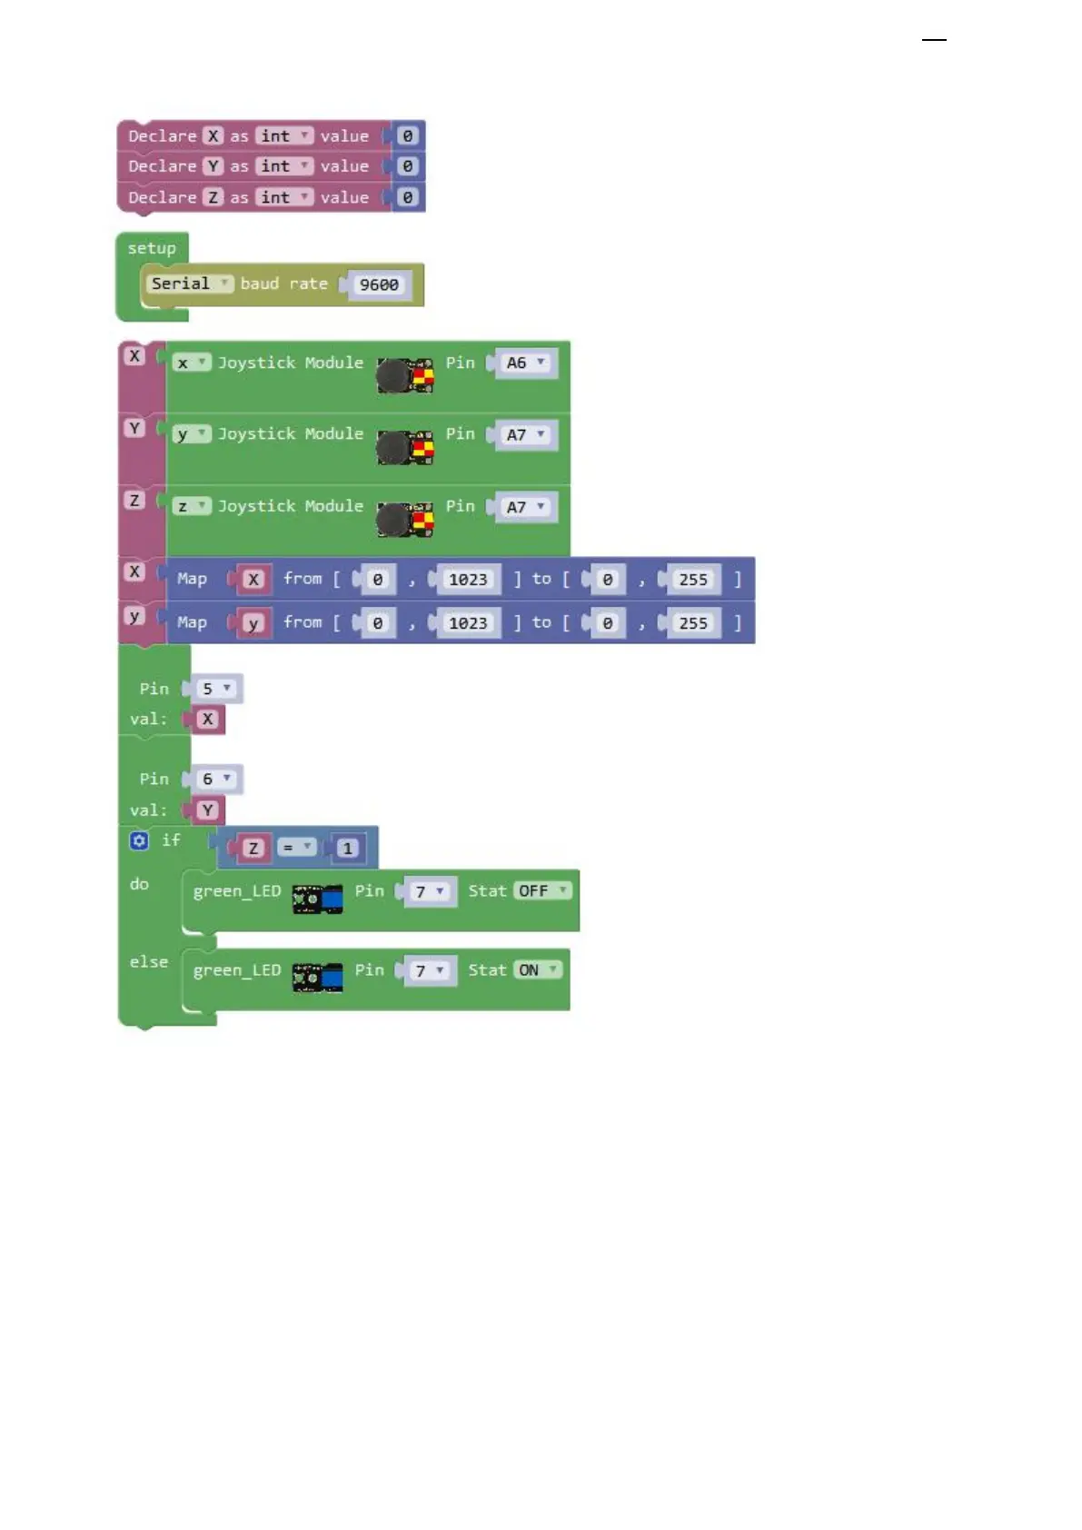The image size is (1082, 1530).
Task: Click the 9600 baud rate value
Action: tap(379, 285)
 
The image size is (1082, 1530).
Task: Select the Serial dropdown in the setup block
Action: tap(190, 283)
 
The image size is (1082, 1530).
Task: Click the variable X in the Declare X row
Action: tap(213, 136)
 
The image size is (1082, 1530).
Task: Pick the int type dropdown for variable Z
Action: tap(284, 197)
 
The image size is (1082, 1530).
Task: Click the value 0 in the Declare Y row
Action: tap(407, 166)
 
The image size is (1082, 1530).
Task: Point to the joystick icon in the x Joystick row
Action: tap(405, 374)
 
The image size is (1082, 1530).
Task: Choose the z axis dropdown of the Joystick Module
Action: tap(191, 506)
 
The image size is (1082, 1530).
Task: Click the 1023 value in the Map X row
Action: tap(468, 580)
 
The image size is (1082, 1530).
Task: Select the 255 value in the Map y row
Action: tap(693, 623)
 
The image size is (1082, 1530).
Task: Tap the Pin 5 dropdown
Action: tap(215, 689)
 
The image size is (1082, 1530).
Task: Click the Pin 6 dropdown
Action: tap(215, 779)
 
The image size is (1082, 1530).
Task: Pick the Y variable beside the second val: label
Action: tap(208, 810)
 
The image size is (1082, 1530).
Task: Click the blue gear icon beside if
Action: tap(139, 840)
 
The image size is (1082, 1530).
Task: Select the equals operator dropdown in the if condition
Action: tap(296, 848)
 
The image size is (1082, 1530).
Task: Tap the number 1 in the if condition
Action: tap(347, 849)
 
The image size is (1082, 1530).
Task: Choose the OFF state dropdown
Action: tap(543, 891)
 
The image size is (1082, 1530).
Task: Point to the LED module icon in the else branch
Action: tap(317, 978)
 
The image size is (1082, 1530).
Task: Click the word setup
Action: tap(152, 248)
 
